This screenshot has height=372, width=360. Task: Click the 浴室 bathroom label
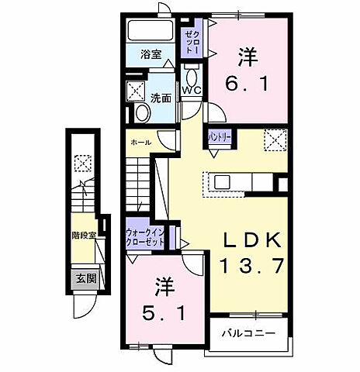(151, 55)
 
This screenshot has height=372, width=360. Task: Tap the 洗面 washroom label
(161, 98)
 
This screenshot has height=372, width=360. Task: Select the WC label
(191, 91)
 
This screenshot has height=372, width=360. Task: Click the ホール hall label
(140, 143)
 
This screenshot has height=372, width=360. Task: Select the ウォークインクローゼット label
(145, 236)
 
